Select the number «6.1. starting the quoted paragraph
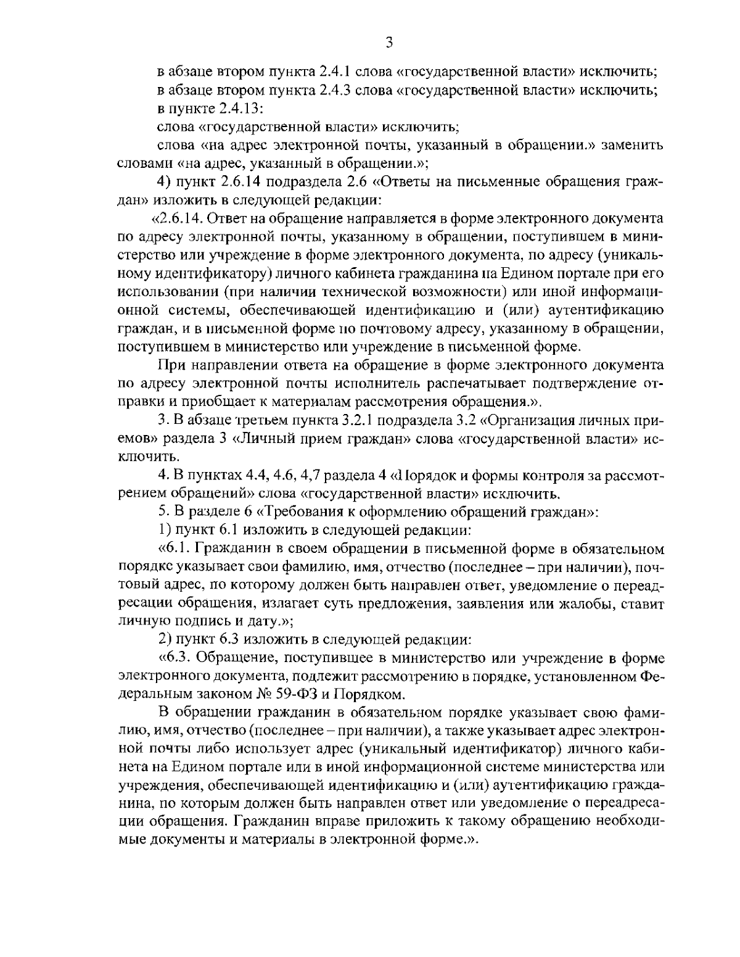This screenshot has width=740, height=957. (x=174, y=548)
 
